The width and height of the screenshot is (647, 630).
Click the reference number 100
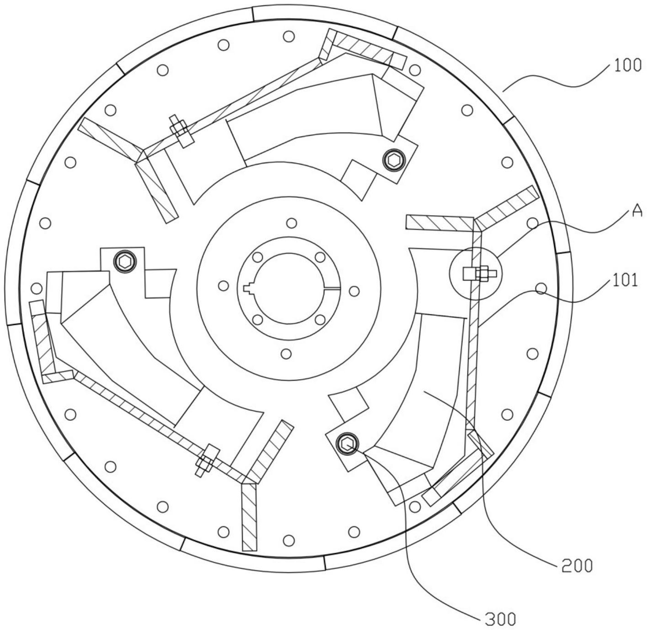[627, 65]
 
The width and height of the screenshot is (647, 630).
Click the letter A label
[636, 211]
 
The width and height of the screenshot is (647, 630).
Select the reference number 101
[625, 280]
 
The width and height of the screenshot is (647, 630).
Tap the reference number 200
[577, 566]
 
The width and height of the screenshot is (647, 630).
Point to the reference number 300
[501, 619]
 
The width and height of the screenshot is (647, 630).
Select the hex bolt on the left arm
[125, 261]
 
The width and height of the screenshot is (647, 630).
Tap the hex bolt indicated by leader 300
[347, 444]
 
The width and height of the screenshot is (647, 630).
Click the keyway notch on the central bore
[248, 288]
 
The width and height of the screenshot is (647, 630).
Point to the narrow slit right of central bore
[331, 289]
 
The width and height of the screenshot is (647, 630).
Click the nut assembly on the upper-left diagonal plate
[180, 131]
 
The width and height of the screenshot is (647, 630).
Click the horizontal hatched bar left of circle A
[440, 222]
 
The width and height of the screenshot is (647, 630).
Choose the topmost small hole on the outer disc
[289, 36]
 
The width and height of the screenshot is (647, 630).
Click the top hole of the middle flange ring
[292, 223]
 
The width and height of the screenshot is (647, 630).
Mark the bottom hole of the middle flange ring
[286, 354]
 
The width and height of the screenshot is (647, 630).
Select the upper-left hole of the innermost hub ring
[258, 257]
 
